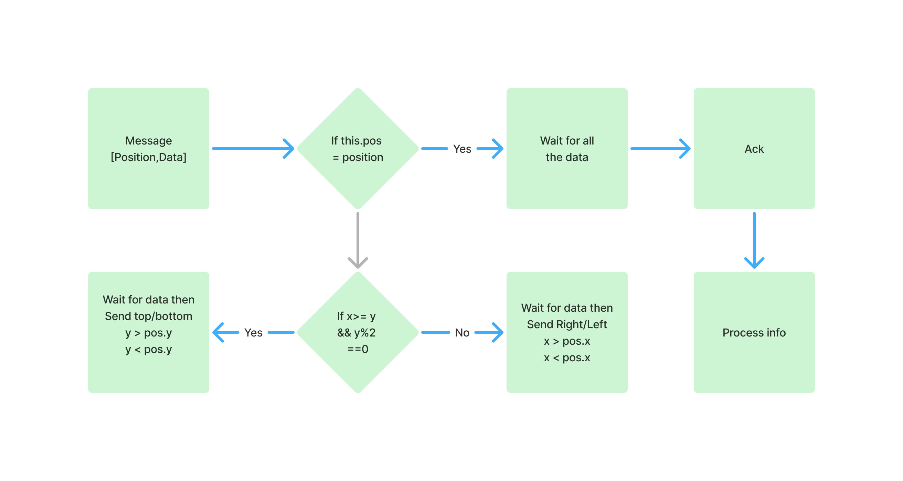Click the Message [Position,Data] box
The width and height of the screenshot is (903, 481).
pyautogui.click(x=148, y=182)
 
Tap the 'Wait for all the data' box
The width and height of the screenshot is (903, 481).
pyautogui.click(x=567, y=182)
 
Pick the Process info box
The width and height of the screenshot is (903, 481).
pyautogui.click(x=754, y=365)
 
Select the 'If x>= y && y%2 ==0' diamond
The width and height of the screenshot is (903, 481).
pyautogui.click(x=358, y=372)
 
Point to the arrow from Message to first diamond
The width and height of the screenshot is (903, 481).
pyautogui.click(x=252, y=149)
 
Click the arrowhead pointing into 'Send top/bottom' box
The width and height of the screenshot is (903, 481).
pyautogui.click(x=221, y=332)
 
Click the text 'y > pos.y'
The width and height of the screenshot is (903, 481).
pyautogui.click(x=149, y=333)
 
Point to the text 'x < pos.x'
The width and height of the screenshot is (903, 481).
pyautogui.click(x=567, y=357)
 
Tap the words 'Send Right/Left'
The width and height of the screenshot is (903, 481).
pyautogui.click(x=567, y=324)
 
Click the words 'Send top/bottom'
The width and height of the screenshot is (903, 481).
pyautogui.click(x=149, y=316)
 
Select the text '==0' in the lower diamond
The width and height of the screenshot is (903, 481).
pyautogui.click(x=358, y=349)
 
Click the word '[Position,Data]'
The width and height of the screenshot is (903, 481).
pyautogui.click(x=149, y=157)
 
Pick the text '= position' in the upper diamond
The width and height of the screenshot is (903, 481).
pyautogui.click(x=358, y=157)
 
